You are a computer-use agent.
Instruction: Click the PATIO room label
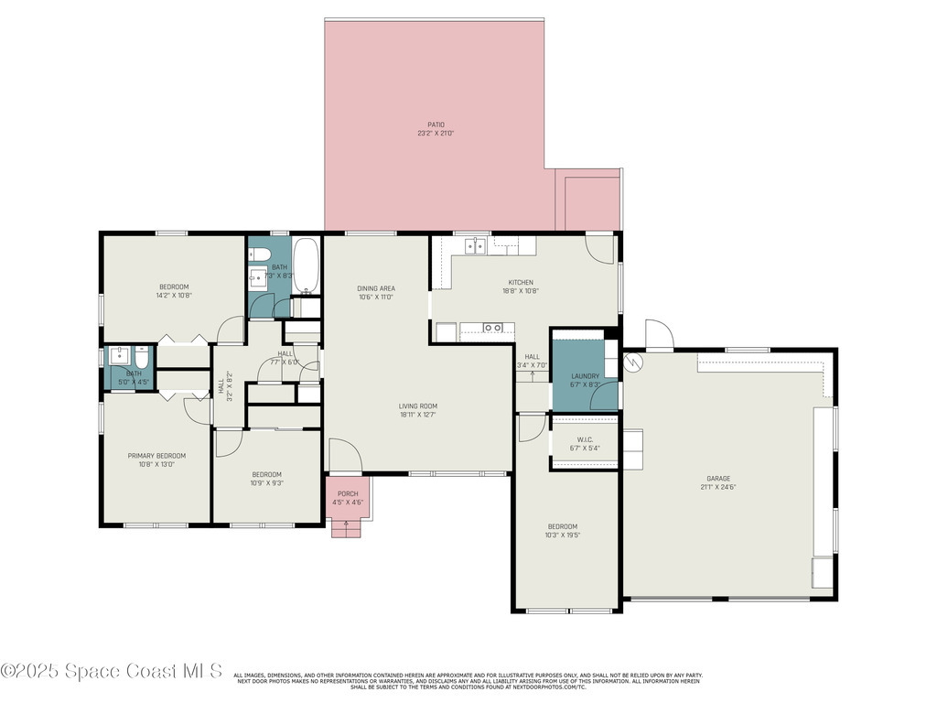pos(436,124)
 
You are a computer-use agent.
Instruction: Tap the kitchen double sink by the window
pos(475,245)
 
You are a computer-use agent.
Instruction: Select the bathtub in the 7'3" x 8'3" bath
pos(306,265)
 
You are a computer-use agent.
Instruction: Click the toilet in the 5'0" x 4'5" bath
pos(142,357)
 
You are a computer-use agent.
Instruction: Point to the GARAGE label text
pos(718,478)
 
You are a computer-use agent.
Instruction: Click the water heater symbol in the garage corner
pos(634,362)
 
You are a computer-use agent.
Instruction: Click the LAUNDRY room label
pos(585,376)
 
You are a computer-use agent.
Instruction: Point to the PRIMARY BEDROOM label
pos(156,456)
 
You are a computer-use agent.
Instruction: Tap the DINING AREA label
pos(375,288)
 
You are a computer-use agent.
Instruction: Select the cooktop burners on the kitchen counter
pos(492,328)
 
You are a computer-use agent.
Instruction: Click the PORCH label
pos(348,493)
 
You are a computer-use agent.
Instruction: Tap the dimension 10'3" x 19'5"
pos(563,535)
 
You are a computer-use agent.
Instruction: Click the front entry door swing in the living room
pos(344,456)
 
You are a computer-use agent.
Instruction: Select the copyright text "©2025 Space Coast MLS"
pos(112,671)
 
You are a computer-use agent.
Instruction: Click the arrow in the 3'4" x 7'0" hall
pos(532,374)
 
